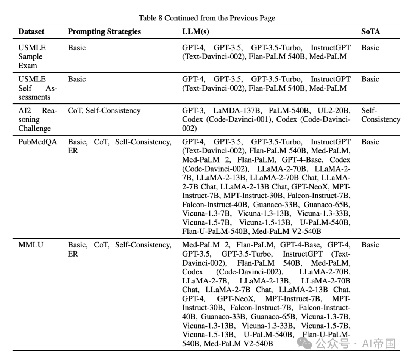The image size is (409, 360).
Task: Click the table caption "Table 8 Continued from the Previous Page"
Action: click(207, 18)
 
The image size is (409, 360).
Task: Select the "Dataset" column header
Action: click(31, 32)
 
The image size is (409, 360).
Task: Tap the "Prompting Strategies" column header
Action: click(104, 32)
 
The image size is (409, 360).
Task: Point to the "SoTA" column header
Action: click(370, 32)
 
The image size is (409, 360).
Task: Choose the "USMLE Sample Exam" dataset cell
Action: click(30, 56)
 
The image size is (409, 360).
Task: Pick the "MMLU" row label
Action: click(31, 245)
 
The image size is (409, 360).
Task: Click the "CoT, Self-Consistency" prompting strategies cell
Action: click(104, 111)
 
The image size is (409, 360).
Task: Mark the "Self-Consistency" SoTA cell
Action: click(380, 115)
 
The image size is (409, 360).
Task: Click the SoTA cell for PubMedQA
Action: click(370, 142)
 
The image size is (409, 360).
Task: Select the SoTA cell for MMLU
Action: click(370, 245)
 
